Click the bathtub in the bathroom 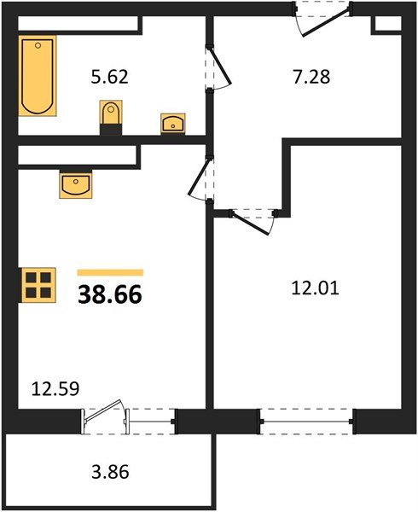coord(38,76)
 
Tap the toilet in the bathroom coord(111,114)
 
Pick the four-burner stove coord(38,284)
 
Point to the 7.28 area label coord(311,77)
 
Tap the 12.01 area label coord(316,288)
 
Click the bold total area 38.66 coord(110,295)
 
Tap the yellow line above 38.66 coord(110,272)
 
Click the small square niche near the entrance coord(383,23)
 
